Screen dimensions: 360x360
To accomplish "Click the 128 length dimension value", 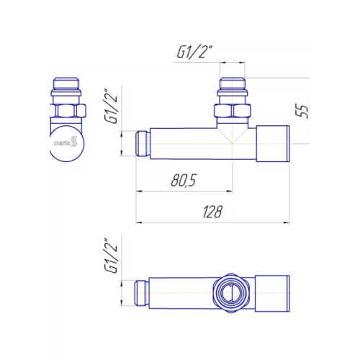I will pyautogui.click(x=212, y=212).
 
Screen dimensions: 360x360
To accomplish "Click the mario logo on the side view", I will pyautogui.click(x=66, y=143).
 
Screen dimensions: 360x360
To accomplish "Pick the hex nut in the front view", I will pyautogui.click(x=233, y=112).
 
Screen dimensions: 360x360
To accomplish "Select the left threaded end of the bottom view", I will pyautogui.click(x=143, y=294).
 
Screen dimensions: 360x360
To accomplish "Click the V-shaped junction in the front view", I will pyautogui.click(x=233, y=137).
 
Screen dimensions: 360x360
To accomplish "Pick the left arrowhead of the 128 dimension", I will pyautogui.click(x=140, y=222).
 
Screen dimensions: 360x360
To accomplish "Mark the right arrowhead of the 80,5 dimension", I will pyautogui.click(x=230, y=191).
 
